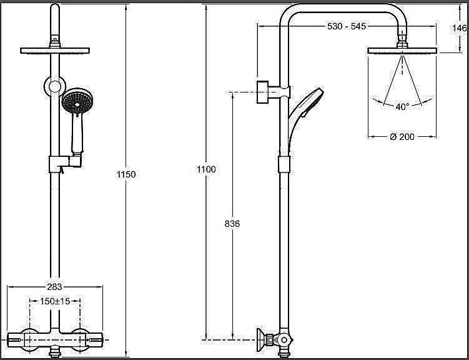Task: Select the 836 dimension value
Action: (232, 223)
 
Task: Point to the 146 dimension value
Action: (460, 28)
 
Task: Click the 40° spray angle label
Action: (402, 107)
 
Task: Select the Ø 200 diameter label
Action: (402, 137)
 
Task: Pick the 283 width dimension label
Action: (54, 287)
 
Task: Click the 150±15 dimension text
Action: (55, 301)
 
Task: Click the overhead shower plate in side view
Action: (402, 51)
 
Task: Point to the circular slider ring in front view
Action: (55, 86)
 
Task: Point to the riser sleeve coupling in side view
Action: (284, 165)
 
